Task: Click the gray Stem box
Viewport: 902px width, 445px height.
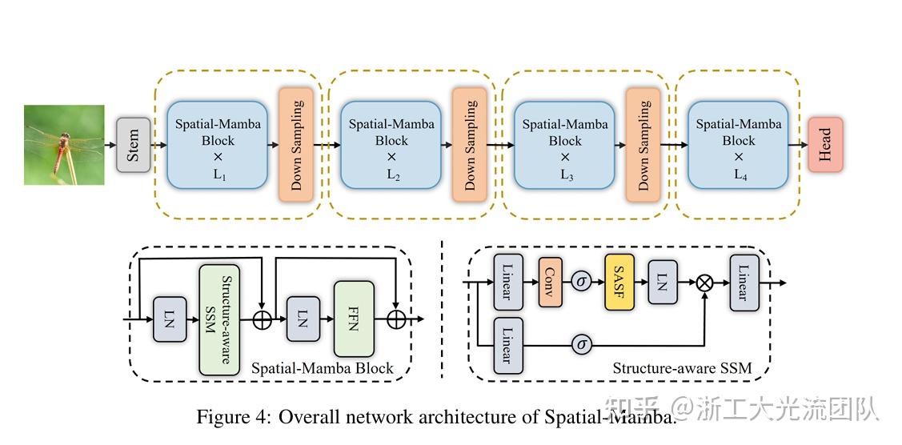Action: [134, 145]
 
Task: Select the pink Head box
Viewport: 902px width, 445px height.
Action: [825, 145]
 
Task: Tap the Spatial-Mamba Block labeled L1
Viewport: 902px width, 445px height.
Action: [217, 145]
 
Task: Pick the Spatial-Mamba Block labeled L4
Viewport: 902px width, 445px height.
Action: [738, 145]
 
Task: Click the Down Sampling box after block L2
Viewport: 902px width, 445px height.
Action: [470, 145]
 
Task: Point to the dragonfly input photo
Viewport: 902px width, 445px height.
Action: [64, 145]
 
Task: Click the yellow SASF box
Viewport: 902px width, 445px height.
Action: [619, 283]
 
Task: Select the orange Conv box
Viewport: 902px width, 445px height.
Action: [551, 283]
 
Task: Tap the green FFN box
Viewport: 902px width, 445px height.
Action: [354, 319]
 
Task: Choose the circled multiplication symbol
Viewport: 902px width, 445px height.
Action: [705, 283]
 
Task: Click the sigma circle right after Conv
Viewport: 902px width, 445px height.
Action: [582, 283]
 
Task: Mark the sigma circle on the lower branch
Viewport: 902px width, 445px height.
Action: [582, 345]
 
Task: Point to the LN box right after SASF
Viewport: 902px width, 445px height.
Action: [662, 283]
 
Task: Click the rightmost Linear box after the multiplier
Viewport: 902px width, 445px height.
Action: [744, 283]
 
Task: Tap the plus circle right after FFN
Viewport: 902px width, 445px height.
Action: [395, 319]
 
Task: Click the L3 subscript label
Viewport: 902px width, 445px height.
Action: [567, 175]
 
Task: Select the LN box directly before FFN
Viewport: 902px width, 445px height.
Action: [303, 319]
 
